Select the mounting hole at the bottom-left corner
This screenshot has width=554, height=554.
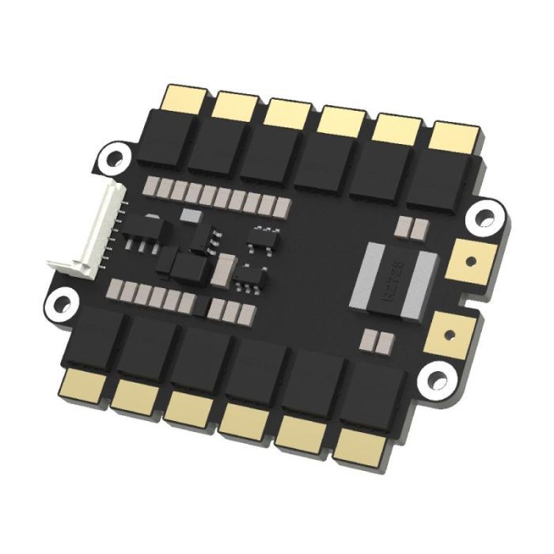click(x=63, y=302)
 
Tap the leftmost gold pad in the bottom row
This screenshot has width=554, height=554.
click(x=84, y=383)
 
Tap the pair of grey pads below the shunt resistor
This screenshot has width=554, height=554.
click(x=377, y=341)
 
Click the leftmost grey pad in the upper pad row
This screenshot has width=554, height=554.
click(x=154, y=187)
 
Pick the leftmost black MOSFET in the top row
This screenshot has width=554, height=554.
click(x=176, y=135)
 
